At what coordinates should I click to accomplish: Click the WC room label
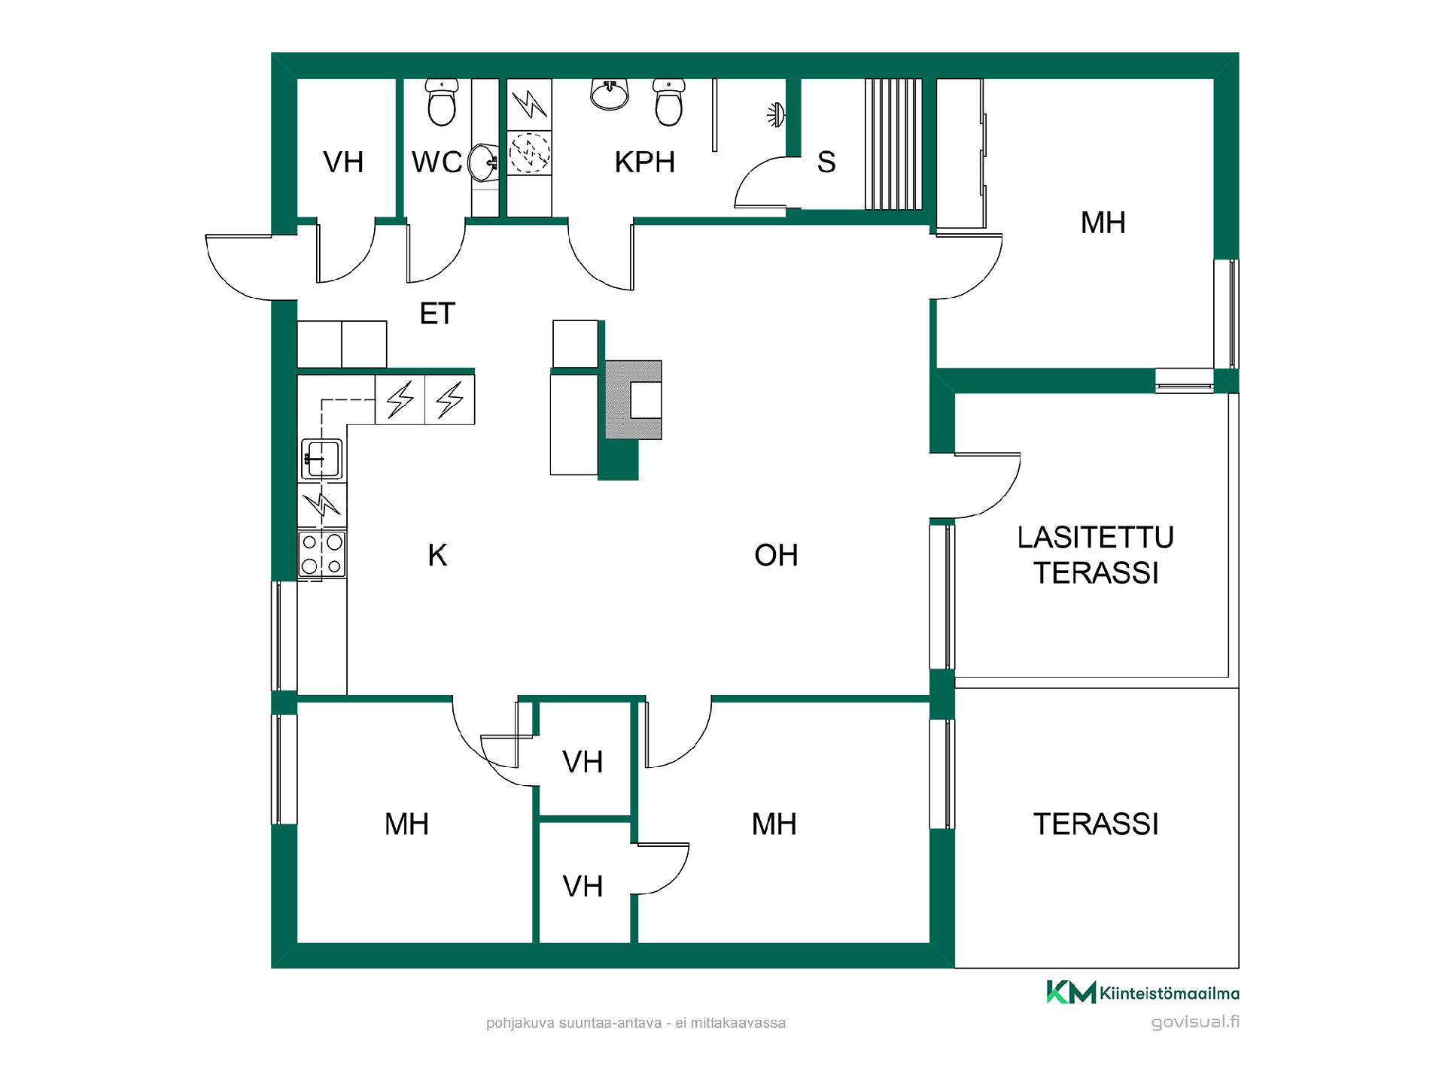tap(437, 162)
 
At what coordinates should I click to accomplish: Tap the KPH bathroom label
tap(645, 162)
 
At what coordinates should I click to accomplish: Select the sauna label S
tap(826, 162)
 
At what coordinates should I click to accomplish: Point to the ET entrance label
tap(437, 314)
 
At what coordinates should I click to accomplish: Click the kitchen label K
tap(437, 555)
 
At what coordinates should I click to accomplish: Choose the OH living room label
tap(776, 555)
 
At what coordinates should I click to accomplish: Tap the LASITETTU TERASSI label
tap(1096, 555)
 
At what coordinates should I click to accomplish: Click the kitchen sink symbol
tap(322, 459)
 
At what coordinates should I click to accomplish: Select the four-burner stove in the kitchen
tap(322, 554)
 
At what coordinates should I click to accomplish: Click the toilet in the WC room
tap(442, 102)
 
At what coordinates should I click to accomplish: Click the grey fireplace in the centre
tap(634, 399)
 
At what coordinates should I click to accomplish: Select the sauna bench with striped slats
tap(893, 144)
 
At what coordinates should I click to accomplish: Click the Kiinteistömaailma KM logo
tap(1142, 992)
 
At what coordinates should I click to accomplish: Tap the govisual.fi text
tap(1195, 1022)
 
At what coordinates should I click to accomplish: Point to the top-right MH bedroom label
tap(1103, 223)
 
